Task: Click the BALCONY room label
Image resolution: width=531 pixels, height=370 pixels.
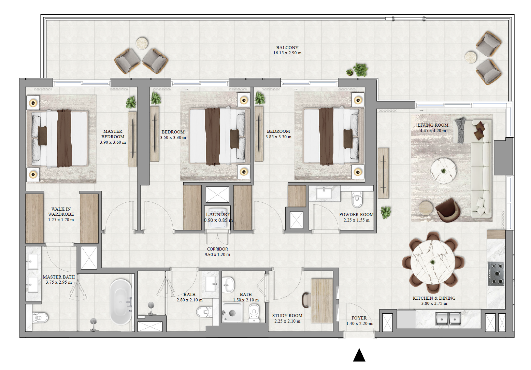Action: pos(287,47)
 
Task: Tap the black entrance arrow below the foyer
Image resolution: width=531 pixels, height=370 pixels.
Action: pos(359,355)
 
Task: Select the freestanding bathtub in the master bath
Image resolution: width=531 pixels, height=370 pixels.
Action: pos(120,302)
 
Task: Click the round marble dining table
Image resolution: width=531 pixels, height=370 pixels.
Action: pos(433,262)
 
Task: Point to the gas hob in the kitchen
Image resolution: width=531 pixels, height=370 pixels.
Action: pos(496,273)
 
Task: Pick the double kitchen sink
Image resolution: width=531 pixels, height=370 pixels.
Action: pos(448,319)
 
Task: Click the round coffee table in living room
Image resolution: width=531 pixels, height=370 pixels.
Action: pos(443,171)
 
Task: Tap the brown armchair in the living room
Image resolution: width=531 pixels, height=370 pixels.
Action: pos(448,210)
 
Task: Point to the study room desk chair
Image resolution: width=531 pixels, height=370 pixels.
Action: pos(305,300)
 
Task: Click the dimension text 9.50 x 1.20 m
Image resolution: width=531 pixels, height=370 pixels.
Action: pos(217,255)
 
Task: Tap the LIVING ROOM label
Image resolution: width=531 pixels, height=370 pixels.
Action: pos(433,125)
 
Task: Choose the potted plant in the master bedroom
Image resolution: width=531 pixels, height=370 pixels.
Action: pos(131,102)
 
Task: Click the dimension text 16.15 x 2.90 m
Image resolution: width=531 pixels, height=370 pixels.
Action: pos(287,53)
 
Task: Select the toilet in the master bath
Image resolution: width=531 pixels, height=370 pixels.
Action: pos(39,318)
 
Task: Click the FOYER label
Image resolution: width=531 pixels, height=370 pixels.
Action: pos(359,318)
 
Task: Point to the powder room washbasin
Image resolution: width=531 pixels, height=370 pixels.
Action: pos(324,193)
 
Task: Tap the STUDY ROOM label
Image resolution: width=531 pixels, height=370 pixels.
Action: pos(287,316)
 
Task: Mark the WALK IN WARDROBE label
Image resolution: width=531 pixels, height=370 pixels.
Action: pos(61,212)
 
